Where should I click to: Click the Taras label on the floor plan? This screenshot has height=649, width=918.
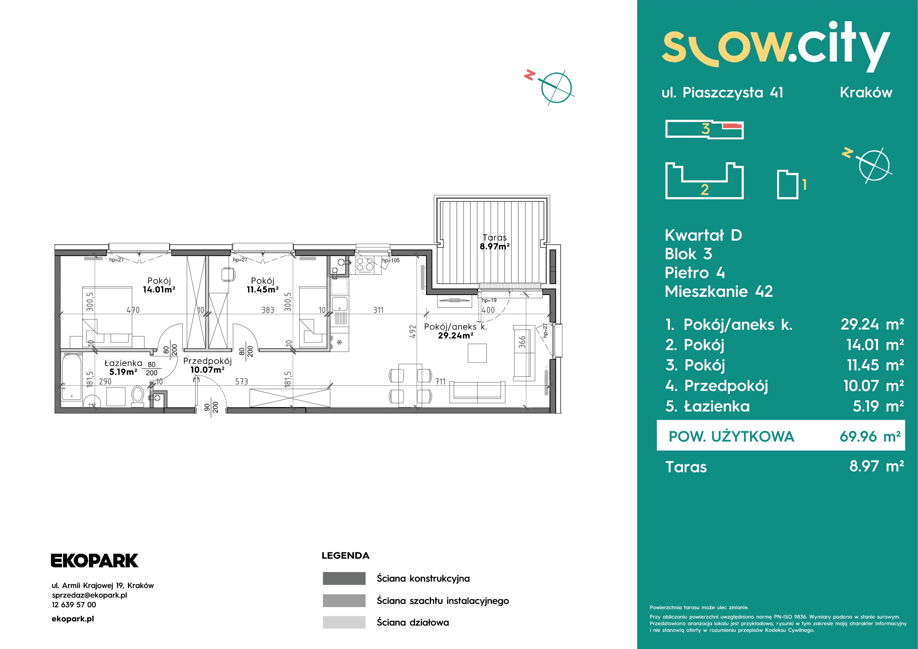click(x=495, y=237)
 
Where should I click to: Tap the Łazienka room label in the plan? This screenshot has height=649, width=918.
click(x=123, y=363)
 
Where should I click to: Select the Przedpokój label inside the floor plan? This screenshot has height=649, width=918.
click(x=208, y=361)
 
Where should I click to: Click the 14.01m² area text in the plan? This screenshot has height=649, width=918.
click(x=159, y=290)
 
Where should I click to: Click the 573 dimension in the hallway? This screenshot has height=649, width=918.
click(x=242, y=381)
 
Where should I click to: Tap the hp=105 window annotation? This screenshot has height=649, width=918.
click(x=391, y=260)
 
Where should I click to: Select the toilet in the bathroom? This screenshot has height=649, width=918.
click(x=138, y=396)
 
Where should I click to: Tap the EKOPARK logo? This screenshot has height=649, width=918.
click(x=94, y=561)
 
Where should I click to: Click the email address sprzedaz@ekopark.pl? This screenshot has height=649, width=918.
click(x=89, y=595)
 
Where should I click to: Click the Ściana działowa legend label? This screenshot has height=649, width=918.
click(x=413, y=622)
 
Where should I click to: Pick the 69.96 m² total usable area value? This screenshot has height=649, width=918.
click(x=870, y=436)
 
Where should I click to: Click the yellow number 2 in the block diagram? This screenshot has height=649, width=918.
click(x=704, y=189)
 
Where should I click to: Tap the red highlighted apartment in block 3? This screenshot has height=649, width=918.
click(x=732, y=126)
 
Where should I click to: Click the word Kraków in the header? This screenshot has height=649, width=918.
click(x=866, y=92)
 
